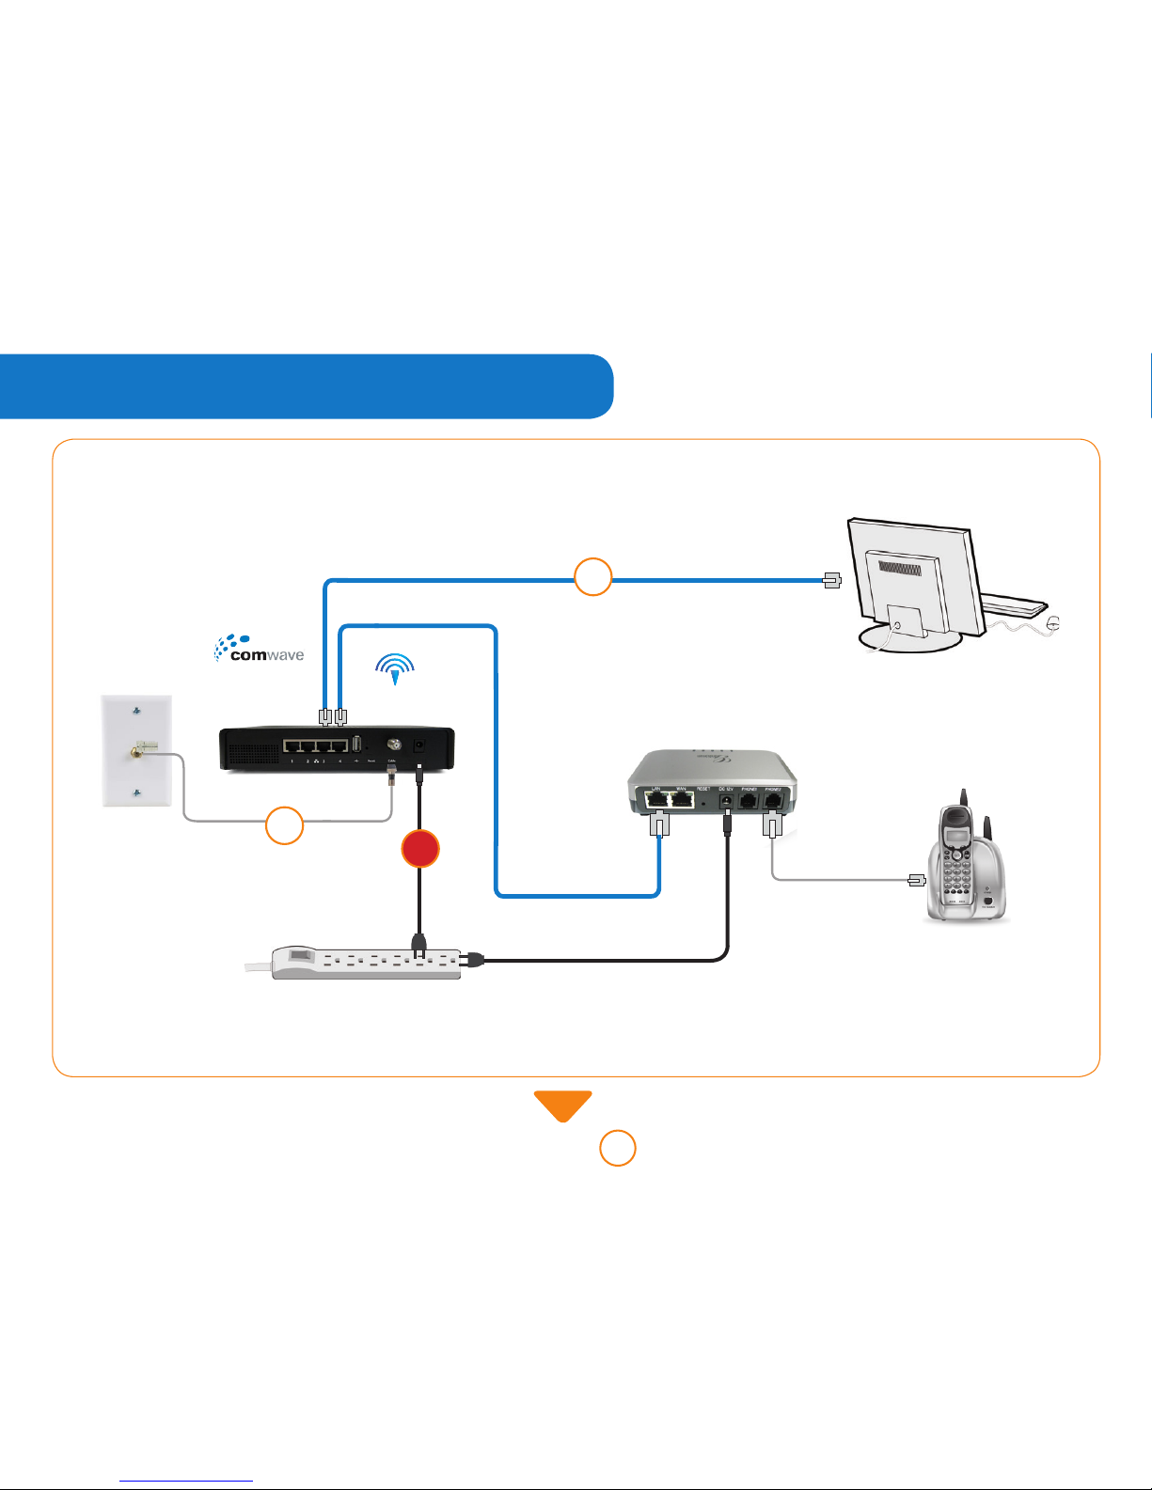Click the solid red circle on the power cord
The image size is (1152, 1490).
420,849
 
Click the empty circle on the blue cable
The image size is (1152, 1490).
592,576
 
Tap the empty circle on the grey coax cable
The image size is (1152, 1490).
284,825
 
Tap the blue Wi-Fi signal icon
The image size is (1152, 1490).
395,668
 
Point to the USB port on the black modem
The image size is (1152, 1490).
356,744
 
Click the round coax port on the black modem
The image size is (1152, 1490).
394,744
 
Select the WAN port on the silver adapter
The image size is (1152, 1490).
682,801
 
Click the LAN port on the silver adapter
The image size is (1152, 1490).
657,801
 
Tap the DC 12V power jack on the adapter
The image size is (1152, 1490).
726,802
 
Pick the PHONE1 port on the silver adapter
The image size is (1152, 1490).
749,801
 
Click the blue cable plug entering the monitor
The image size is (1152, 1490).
831,580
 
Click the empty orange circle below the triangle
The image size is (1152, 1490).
618,1149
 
